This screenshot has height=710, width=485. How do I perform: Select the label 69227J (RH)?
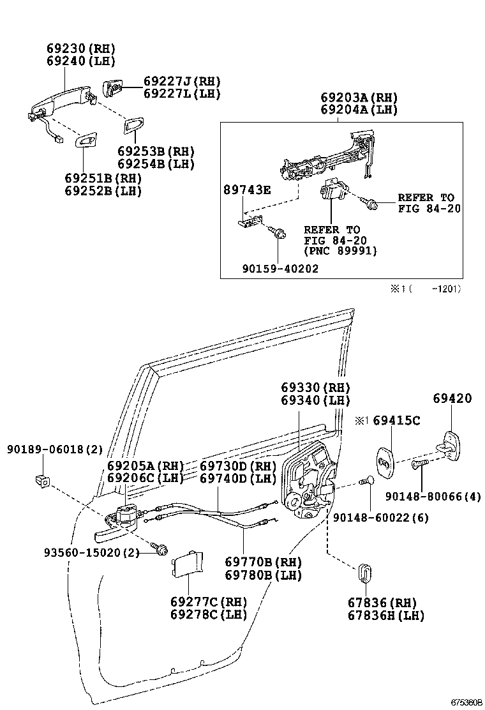click(181, 81)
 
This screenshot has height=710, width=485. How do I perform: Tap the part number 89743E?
click(246, 190)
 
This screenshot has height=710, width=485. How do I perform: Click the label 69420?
click(452, 399)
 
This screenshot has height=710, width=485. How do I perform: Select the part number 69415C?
click(396, 421)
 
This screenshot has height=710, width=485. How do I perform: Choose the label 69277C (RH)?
click(208, 601)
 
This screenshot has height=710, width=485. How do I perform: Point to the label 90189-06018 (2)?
click(54, 449)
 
